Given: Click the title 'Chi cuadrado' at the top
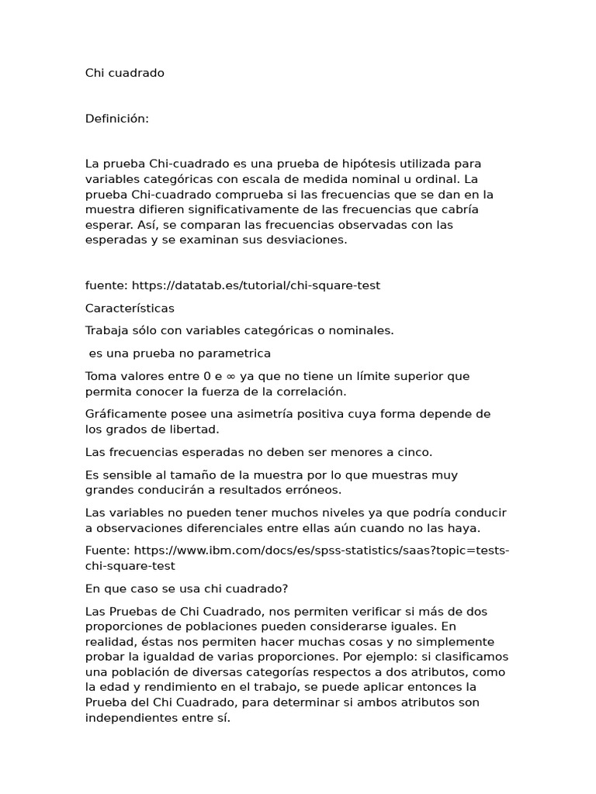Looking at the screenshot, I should click(x=124, y=73).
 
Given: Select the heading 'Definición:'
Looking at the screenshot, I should click(x=116, y=119).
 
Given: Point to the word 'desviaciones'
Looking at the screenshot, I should click(x=307, y=240).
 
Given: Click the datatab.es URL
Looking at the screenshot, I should click(x=256, y=285).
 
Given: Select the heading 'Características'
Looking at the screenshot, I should click(x=130, y=308).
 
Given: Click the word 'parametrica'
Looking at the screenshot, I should click(x=235, y=354).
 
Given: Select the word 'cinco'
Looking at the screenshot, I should click(x=414, y=452).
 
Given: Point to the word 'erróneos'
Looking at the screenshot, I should click(x=314, y=490).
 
